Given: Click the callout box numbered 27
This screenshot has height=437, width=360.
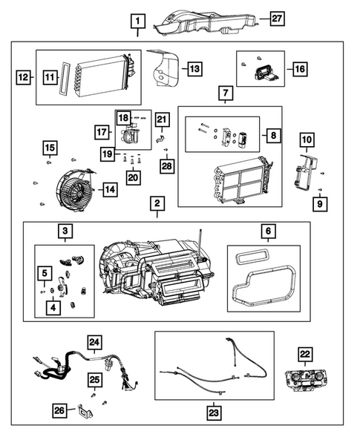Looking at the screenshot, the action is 277,19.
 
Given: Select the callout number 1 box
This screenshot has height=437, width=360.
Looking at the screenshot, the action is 138,22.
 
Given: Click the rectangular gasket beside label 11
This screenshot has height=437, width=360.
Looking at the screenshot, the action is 65,78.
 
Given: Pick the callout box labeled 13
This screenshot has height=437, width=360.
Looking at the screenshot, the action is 194,68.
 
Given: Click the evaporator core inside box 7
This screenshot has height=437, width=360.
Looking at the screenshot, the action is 240,180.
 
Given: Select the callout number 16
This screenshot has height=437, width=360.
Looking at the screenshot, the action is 300,69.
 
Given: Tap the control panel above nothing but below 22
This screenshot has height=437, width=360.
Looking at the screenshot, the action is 305,379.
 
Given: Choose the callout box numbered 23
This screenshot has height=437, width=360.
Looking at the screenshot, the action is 214,413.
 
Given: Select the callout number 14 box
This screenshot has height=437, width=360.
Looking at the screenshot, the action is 110,189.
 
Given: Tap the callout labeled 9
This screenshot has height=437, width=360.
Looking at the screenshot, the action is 320,204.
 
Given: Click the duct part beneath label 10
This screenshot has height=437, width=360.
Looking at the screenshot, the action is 305,173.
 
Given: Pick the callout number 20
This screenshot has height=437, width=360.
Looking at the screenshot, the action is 133,178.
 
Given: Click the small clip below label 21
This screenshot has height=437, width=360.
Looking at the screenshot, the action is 160,139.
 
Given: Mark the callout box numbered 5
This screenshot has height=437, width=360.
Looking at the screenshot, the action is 45,273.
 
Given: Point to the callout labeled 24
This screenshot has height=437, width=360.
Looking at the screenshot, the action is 94,342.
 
